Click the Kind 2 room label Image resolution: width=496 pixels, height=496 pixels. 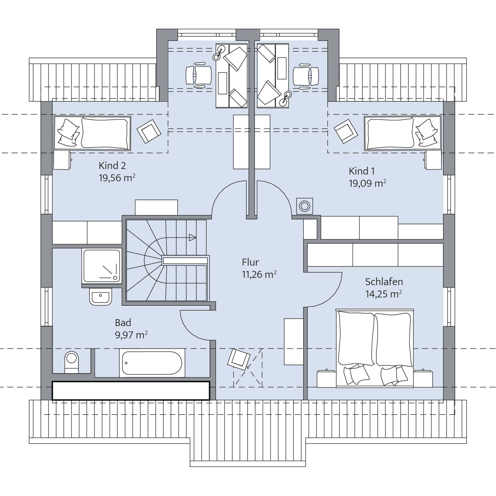pos(112,166)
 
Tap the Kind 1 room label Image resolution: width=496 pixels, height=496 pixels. pos(362,171)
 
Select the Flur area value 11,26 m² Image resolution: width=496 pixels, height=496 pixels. pos(259,274)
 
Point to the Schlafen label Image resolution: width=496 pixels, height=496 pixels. pos(384,282)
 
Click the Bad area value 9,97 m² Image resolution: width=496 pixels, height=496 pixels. pos(131,335)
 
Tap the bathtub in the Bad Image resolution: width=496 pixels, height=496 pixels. pos(152,363)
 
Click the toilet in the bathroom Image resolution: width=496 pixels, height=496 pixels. pos(72,362)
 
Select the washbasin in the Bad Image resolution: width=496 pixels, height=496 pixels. pos(100,296)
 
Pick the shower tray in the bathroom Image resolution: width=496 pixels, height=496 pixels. pos(102,265)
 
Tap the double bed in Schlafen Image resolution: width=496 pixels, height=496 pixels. pos(374,348)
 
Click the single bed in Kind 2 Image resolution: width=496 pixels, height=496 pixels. pos(92,133)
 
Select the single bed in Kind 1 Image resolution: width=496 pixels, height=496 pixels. pos(403,133)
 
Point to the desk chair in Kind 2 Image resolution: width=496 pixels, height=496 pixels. pos(199,76)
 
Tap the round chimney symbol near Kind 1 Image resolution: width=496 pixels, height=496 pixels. pos(305,206)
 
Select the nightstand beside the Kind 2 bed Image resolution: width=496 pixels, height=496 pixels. pos(62,160)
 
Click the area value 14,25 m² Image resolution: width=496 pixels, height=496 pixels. pos(384,294)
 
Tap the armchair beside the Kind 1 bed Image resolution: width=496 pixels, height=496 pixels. pos(346,131)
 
